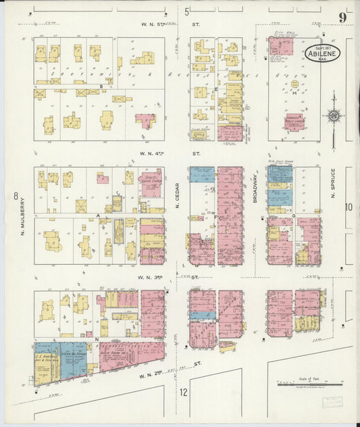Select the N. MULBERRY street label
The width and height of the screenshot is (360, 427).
click(x=22, y=216)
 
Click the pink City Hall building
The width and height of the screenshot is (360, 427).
click(x=280, y=46)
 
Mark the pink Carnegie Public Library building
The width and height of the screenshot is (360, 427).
click(x=293, y=122)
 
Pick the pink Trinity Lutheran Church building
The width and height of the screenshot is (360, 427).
click(x=151, y=184)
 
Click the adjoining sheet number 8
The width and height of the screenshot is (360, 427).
click(x=14, y=197)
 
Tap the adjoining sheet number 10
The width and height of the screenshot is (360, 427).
click(x=349, y=207)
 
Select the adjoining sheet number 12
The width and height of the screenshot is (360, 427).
click(x=183, y=392)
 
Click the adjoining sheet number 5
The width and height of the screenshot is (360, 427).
click(x=186, y=11)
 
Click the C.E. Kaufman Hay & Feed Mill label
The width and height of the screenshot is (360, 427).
click(x=47, y=359)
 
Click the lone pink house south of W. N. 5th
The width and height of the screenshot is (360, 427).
click(x=145, y=120)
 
